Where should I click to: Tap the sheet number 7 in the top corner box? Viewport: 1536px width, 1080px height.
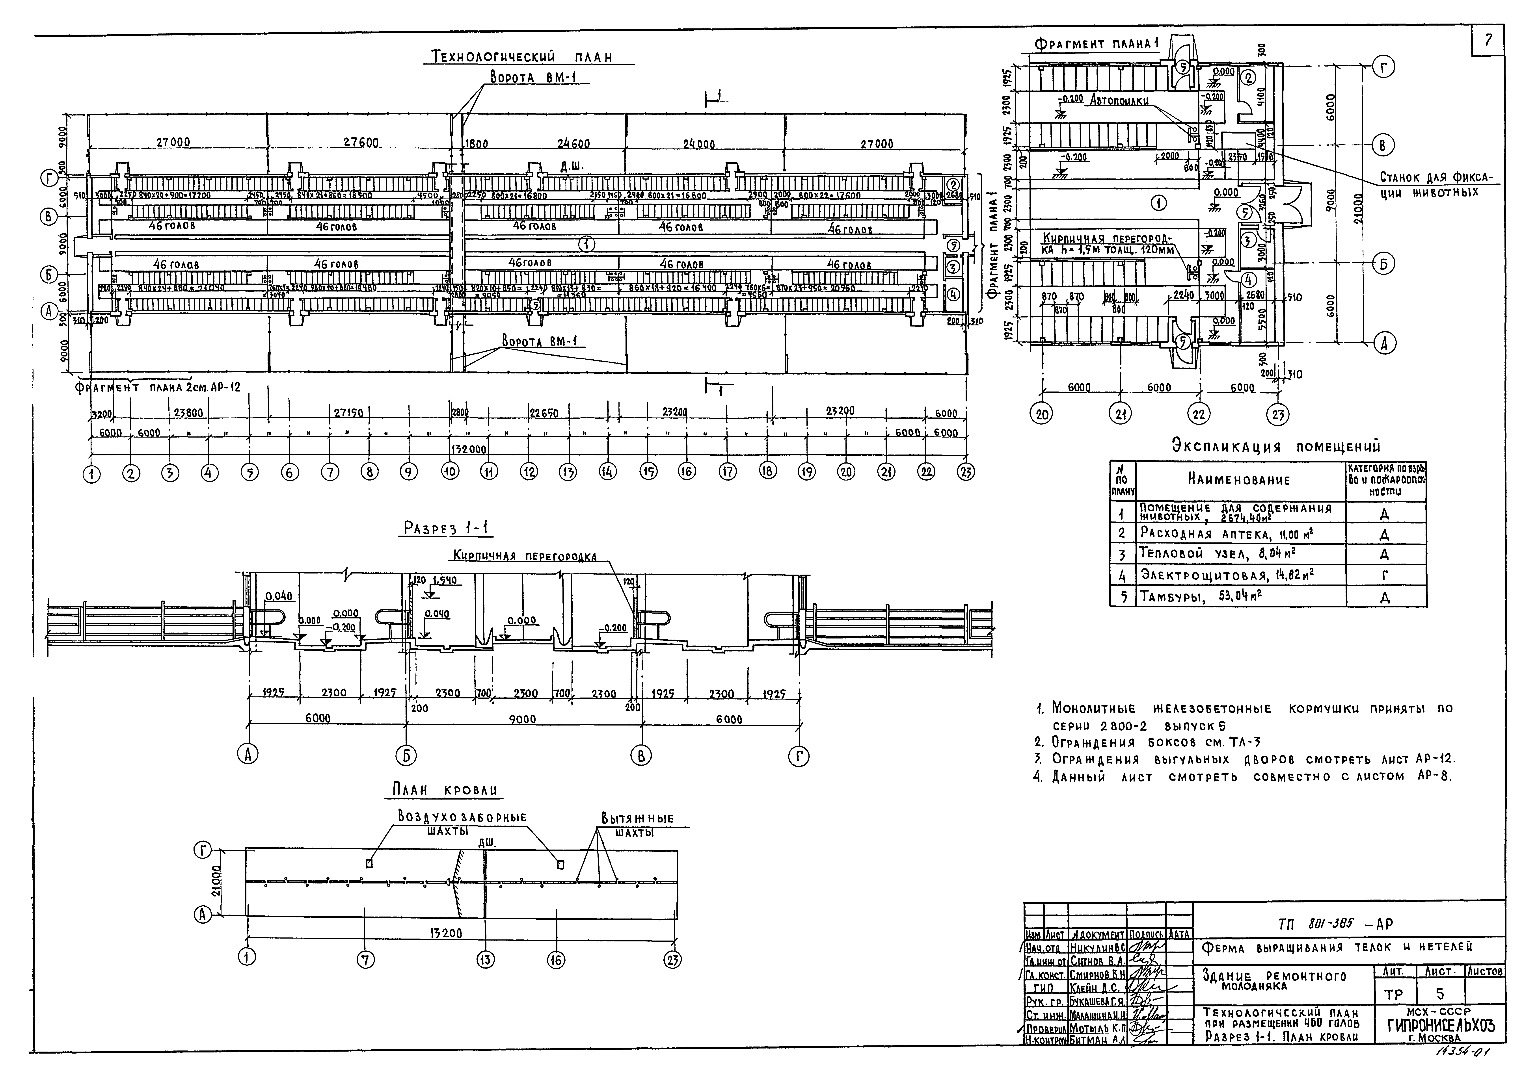[x=1488, y=40]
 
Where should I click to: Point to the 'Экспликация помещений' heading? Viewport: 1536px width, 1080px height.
[x=1276, y=446]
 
